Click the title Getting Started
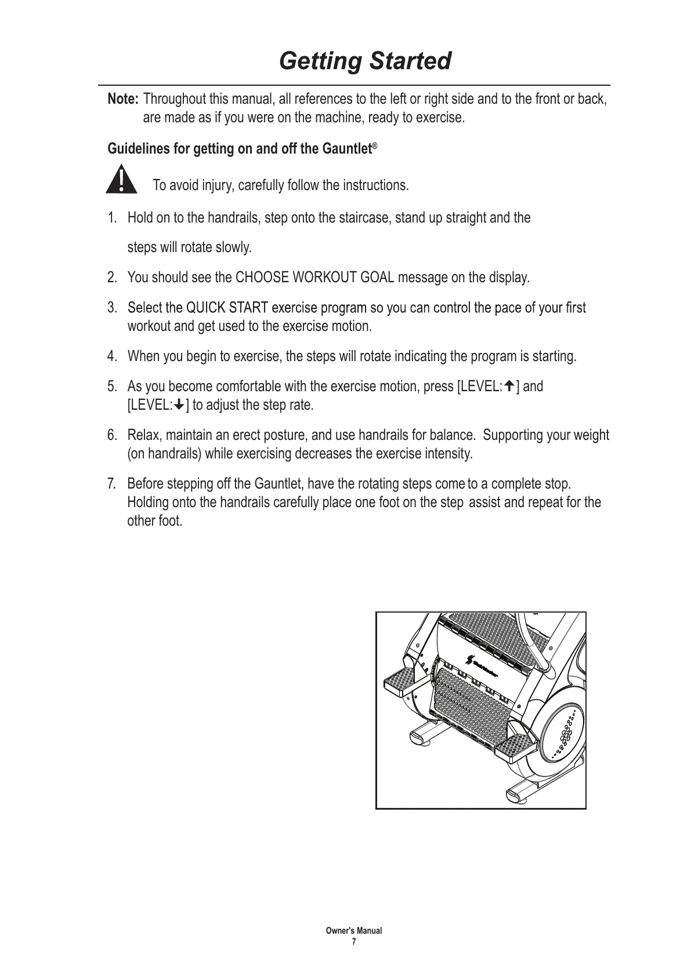click(365, 61)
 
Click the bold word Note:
click(123, 99)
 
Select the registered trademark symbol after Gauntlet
click(375, 146)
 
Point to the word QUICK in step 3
click(206, 307)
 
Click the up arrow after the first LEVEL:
click(510, 386)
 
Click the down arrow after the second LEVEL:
click(180, 405)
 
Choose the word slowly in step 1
click(233, 248)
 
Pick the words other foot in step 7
click(155, 520)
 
